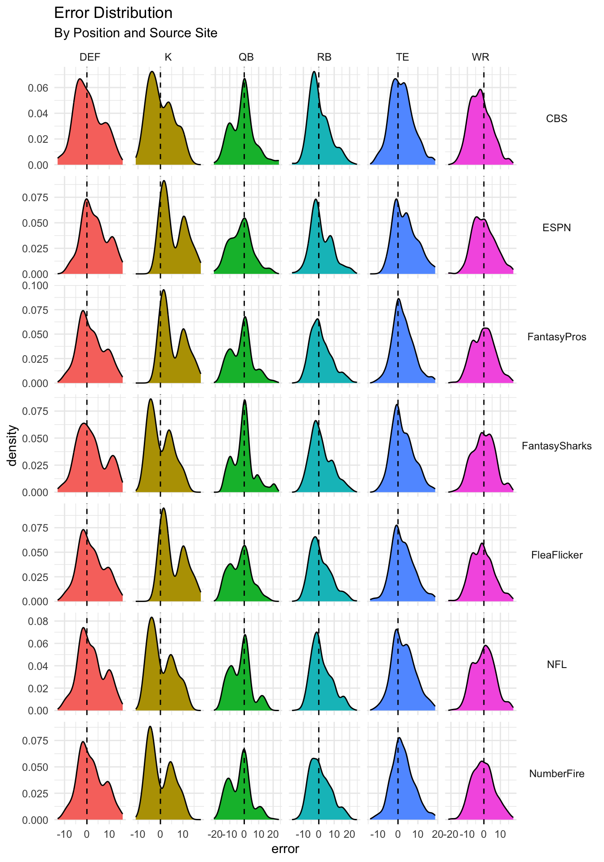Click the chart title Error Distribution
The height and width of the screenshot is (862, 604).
[113, 13]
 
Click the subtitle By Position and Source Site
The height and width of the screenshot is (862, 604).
[136, 33]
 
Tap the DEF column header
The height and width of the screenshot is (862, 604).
[90, 57]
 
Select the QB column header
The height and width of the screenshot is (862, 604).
[246, 57]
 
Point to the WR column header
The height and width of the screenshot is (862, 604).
[480, 57]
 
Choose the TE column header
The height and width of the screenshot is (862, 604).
[402, 57]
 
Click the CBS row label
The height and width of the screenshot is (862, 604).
[556, 119]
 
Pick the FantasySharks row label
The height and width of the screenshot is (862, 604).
[556, 446]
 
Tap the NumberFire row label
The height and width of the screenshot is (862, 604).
[556, 774]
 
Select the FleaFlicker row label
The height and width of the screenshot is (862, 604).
[556, 555]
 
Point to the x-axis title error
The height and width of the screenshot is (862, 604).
[285, 849]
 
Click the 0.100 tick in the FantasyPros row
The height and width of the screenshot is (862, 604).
[37, 286]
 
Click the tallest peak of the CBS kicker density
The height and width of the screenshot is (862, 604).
[152, 72]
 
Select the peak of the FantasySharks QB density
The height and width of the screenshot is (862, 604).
[244, 400]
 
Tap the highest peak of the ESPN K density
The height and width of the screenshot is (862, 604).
[164, 181]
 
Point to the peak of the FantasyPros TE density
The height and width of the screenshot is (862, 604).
[399, 299]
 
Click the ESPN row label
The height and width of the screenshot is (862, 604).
[556, 228]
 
